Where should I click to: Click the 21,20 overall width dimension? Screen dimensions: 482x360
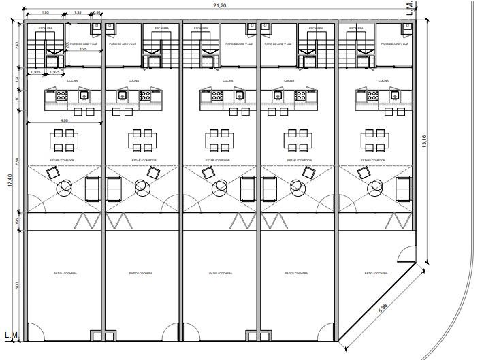point(219,5)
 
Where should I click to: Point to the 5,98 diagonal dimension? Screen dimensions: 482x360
point(385,310)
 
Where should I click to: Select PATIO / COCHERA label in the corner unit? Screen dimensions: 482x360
point(376,274)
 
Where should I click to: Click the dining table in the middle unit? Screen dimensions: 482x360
point(220,140)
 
